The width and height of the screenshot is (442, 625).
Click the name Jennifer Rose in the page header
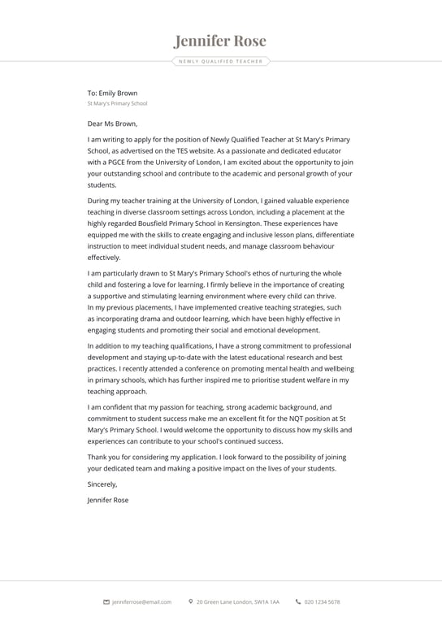coord(220,41)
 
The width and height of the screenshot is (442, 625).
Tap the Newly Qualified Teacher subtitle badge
coord(220,61)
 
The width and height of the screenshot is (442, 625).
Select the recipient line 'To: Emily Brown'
coord(112,93)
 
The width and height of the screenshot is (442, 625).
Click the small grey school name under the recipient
coord(117,104)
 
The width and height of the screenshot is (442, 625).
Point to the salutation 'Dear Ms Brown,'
coord(112,124)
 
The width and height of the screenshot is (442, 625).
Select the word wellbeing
coord(336,368)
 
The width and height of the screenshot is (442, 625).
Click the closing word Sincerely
coord(102,484)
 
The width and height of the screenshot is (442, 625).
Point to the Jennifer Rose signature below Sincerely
coord(107,500)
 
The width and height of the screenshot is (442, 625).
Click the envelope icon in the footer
coord(106,602)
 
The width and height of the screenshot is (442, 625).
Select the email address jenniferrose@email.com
coord(141,602)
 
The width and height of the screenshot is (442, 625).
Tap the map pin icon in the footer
coord(190,602)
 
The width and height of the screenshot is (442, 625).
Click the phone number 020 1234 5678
coord(322,602)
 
